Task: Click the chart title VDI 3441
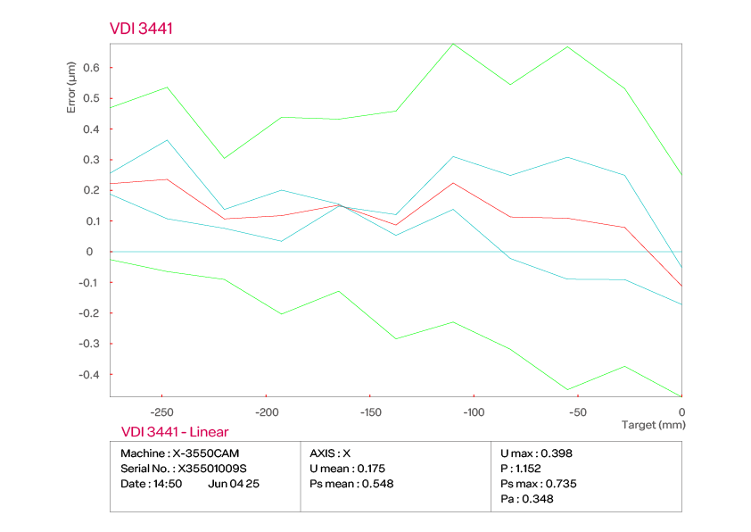point(141,29)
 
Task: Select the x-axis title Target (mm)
point(653,425)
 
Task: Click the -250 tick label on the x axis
point(161,412)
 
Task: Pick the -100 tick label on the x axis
point(474,412)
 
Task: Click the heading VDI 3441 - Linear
point(174,432)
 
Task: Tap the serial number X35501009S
point(212,469)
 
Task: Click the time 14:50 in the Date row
point(168,484)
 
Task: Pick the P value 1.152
point(528,469)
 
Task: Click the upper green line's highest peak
point(453,43)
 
